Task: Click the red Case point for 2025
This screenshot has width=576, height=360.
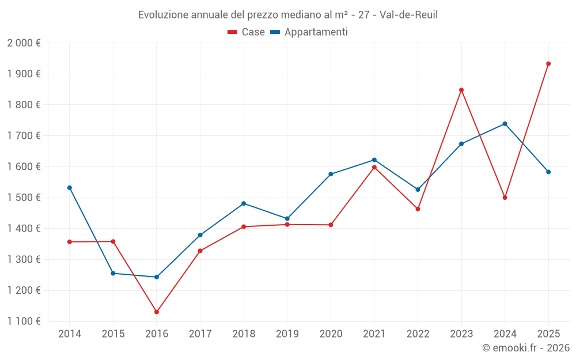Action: click(548, 64)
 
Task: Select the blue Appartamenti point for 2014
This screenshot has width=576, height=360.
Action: click(70, 188)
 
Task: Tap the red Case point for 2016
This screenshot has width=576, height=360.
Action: click(157, 312)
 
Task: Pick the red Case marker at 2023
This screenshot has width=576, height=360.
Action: click(461, 90)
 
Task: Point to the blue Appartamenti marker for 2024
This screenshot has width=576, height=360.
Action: click(505, 124)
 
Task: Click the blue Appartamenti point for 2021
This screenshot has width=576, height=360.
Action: click(374, 160)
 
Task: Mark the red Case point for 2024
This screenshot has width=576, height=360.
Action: click(505, 198)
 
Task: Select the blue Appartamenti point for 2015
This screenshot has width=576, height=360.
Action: click(113, 274)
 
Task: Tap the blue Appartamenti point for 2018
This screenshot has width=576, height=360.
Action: click(244, 203)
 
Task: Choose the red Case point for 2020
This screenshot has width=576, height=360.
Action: click(331, 225)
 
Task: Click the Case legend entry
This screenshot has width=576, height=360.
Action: click(246, 32)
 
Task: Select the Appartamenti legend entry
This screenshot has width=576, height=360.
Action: click(309, 32)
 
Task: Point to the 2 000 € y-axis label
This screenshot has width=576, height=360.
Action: click(24, 43)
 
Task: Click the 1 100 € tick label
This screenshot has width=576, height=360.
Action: click(24, 321)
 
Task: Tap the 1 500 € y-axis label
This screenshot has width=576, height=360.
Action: click(24, 198)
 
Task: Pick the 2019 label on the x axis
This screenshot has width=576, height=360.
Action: click(287, 334)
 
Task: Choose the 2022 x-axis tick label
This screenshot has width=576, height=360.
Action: click(418, 334)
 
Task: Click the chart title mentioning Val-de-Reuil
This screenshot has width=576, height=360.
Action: click(288, 14)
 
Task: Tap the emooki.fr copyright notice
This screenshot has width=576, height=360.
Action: click(525, 348)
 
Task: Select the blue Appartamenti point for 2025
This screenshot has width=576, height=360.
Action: click(548, 172)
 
